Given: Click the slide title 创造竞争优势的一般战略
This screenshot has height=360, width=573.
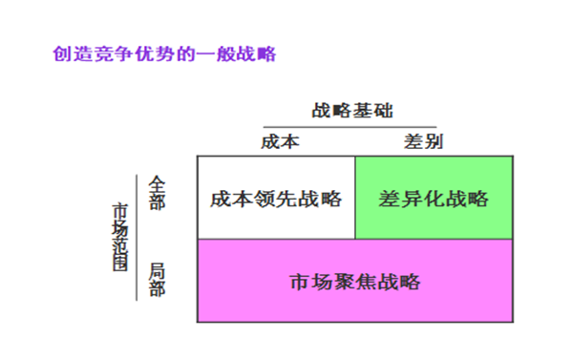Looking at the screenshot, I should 164,53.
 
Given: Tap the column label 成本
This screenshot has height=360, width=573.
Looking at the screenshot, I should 281,141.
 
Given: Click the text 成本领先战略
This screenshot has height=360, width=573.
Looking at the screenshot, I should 276,199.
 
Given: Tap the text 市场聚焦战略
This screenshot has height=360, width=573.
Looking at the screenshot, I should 354,282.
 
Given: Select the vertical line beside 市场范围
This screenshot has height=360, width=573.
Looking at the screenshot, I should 138,236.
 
